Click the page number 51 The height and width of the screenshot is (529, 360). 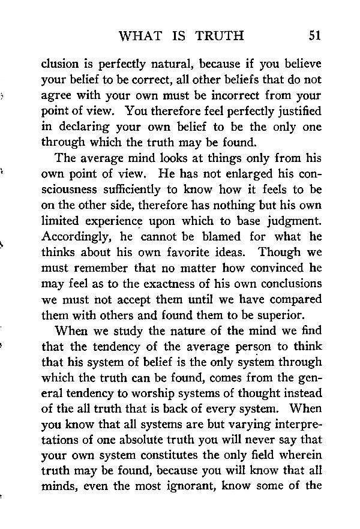(314, 35)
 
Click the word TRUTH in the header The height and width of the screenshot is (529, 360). (220, 35)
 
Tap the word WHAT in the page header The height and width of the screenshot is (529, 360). (140, 35)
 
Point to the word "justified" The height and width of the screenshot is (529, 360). (295, 112)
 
